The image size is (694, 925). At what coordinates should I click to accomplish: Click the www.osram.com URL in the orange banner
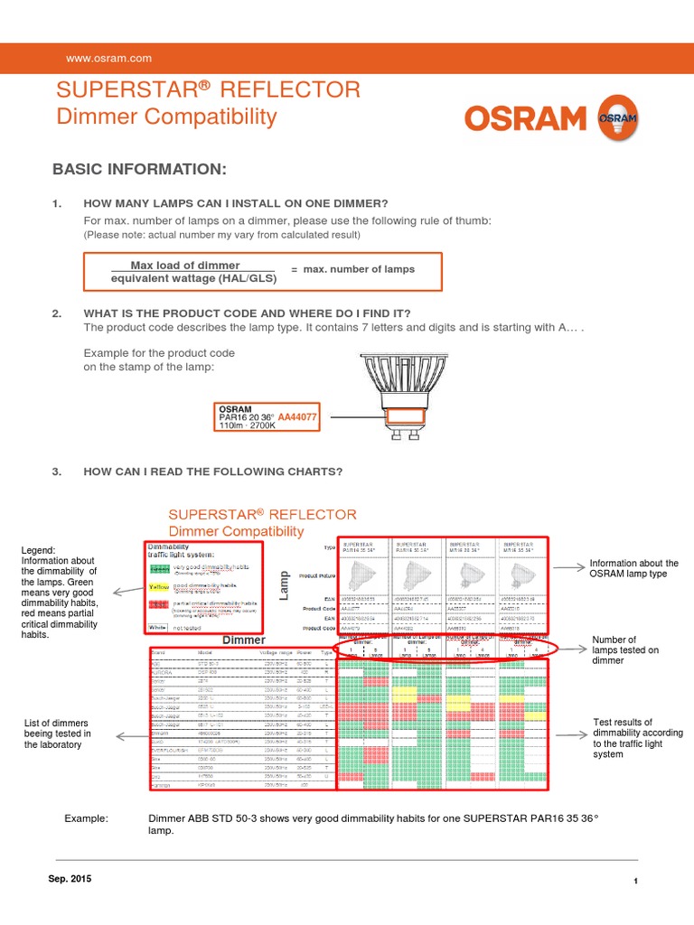pos(108,59)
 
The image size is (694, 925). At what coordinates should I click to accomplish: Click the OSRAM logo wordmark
pos(528,119)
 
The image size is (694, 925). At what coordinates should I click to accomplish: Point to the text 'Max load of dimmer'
pos(185,266)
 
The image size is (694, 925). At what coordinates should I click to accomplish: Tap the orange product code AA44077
pos(297,417)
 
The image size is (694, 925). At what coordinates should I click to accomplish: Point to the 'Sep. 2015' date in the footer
pos(69,879)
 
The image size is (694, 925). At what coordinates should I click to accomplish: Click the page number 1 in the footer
pos(636,882)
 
